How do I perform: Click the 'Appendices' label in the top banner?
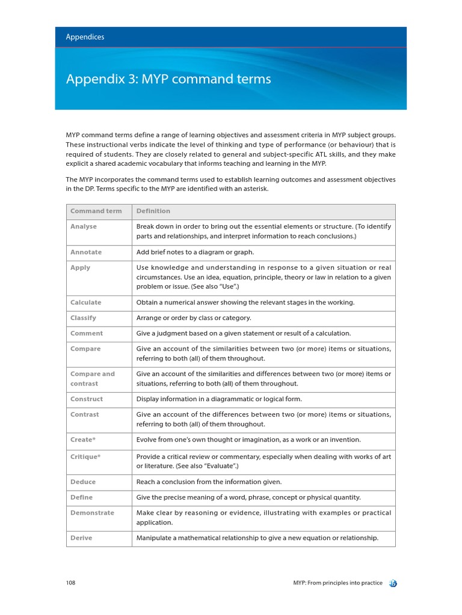[x=85, y=37]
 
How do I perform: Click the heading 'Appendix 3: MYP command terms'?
[x=168, y=79]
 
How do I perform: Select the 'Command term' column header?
[x=96, y=211]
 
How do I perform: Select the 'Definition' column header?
[x=153, y=211]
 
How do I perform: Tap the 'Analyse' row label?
[x=84, y=227]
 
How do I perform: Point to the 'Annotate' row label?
[x=86, y=252]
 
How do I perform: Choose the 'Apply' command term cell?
[x=81, y=268]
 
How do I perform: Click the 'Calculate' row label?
[x=86, y=303]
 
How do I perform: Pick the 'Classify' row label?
[x=83, y=318]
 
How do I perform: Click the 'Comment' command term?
[x=87, y=334]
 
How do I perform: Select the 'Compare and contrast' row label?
[x=92, y=379]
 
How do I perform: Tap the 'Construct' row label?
[x=87, y=399]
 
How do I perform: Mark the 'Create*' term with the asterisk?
[x=83, y=440]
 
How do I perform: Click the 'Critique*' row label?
[x=85, y=457]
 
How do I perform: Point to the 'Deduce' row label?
[x=83, y=482]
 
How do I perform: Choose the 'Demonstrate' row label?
[x=92, y=513]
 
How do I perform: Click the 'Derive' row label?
[x=81, y=538]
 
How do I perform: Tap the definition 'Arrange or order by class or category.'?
[x=194, y=318]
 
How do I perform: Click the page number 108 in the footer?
[x=70, y=583]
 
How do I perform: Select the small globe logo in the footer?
[x=393, y=583]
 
